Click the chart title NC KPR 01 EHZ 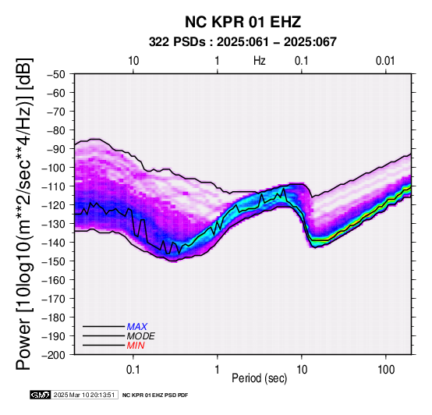point(243,22)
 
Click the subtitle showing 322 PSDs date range point(243,42)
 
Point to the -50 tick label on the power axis point(56,74)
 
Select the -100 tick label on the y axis point(54,168)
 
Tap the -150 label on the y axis point(54,261)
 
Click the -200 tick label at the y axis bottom point(54,355)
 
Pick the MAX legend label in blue point(137,327)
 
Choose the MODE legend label point(141,336)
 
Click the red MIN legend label point(136,346)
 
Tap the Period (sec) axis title point(259,378)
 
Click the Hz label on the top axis point(259,61)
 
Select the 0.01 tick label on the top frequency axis point(385,61)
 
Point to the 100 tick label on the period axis point(386,370)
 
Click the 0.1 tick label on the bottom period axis point(133,370)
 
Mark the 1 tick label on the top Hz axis point(217,61)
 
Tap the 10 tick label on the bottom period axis point(302,370)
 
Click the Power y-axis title point(23,214)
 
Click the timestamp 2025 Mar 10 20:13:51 point(84,395)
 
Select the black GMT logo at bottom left point(41,395)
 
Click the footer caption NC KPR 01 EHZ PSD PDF point(155,395)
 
